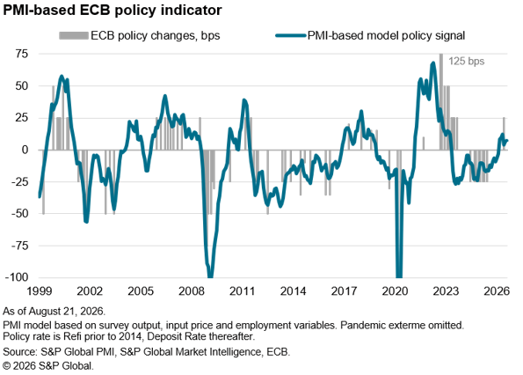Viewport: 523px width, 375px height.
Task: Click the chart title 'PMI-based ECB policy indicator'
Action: click(x=113, y=11)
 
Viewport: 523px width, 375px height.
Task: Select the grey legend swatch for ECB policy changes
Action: click(x=74, y=35)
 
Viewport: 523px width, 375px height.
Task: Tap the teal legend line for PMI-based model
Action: click(x=291, y=35)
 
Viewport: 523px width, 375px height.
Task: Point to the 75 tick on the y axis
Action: click(x=21, y=54)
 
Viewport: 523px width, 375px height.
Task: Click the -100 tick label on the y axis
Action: click(x=17, y=277)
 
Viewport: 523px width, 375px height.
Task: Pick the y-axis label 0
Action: click(x=25, y=150)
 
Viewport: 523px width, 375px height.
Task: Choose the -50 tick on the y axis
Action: click(x=19, y=213)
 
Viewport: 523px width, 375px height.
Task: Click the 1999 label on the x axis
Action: click(x=40, y=290)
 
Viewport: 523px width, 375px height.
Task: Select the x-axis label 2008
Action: click(x=192, y=290)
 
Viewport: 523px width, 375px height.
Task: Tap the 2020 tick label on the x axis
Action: click(x=395, y=290)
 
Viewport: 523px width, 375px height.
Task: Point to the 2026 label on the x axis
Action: click(x=497, y=290)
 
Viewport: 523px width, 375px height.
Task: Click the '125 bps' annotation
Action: click(x=466, y=61)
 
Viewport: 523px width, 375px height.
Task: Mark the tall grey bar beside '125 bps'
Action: click(x=441, y=101)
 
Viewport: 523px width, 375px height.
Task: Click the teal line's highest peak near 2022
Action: click(x=433, y=62)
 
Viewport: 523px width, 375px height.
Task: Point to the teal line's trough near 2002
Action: click(x=86, y=222)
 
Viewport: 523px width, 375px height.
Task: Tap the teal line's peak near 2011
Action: click(x=244, y=100)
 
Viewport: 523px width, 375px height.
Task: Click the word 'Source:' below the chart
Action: click(x=20, y=352)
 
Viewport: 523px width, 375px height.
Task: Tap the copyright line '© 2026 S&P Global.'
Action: click(x=48, y=366)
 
